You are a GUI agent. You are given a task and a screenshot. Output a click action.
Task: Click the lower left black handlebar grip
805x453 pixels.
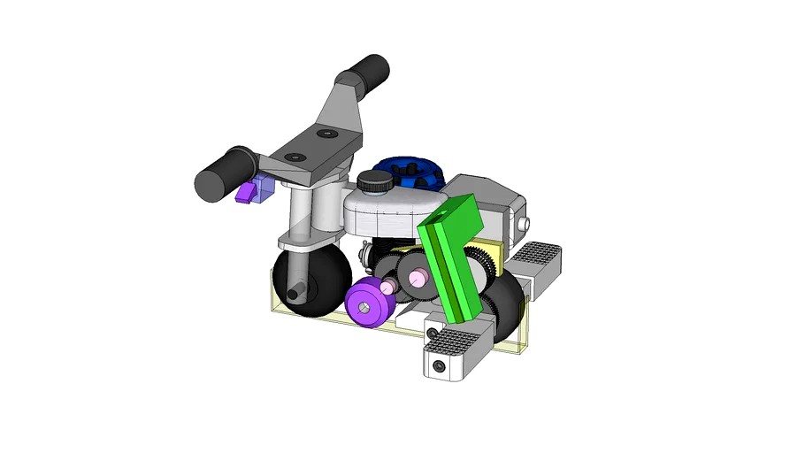point(221,173)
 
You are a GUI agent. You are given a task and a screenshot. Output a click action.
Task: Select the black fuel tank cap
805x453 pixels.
point(375,182)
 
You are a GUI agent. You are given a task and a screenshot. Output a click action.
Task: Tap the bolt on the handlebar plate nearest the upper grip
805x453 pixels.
point(328,134)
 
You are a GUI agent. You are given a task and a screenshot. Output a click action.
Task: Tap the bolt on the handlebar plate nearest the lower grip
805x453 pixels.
point(292,158)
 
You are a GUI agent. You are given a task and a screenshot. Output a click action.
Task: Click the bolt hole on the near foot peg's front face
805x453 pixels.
point(440,365)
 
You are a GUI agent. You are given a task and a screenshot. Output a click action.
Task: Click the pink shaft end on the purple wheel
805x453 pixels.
point(387,286)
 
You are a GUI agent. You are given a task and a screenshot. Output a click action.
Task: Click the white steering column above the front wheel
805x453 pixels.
point(300,212)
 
